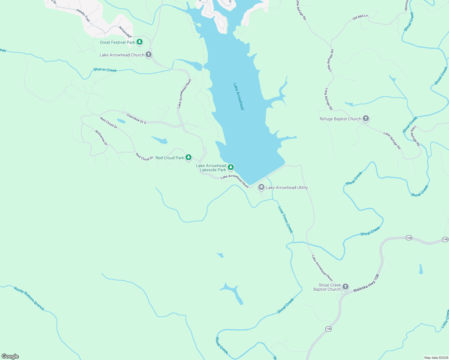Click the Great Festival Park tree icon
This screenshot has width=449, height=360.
click(139, 42)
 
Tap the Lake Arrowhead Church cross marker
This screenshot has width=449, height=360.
click(148, 55)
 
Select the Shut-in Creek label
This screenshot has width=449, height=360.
click(105, 70)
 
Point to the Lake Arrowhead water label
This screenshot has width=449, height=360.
click(239, 96)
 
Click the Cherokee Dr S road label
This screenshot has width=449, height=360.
click(136, 119)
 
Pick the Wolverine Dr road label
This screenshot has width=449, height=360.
click(101, 138)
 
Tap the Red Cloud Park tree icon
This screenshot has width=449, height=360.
click(188, 157)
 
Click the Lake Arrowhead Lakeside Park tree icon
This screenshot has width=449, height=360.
click(231, 167)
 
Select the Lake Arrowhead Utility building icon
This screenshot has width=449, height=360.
click(261, 187)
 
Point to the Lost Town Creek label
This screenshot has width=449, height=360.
click(285, 220)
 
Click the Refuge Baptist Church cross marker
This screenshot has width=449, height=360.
click(366, 118)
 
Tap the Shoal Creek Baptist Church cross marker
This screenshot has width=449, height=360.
click(345, 287)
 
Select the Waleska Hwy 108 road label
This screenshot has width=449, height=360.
click(366, 283)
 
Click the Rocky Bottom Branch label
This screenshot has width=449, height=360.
click(29, 298)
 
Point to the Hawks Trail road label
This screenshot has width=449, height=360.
click(83, 15)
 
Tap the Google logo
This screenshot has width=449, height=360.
click(10, 356)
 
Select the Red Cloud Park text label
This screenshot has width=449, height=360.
click(170, 158)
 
